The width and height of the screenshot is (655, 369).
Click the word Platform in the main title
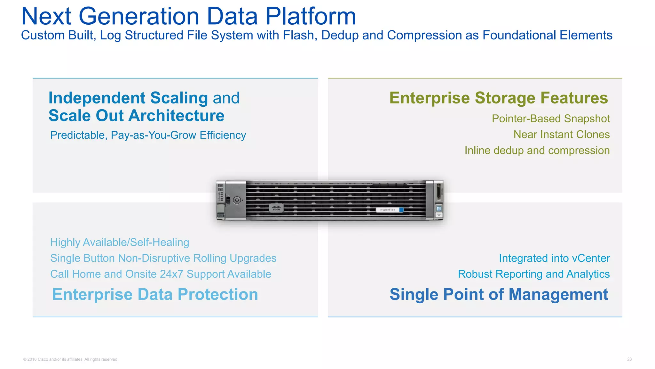click(x=311, y=17)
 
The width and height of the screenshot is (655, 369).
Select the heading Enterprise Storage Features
click(x=498, y=98)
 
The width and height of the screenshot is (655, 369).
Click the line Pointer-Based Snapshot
click(x=550, y=119)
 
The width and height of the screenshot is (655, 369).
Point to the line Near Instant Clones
click(x=561, y=135)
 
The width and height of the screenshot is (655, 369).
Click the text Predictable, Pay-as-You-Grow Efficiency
click(x=148, y=135)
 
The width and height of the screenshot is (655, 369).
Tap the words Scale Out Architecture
click(x=137, y=116)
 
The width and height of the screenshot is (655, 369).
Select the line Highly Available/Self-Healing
click(x=120, y=242)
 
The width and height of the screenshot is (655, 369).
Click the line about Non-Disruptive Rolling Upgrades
click(x=163, y=258)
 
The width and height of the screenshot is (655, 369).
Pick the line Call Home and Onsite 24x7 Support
click(x=161, y=274)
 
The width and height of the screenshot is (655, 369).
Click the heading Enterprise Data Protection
click(x=155, y=294)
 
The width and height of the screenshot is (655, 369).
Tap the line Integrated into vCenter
click(x=554, y=258)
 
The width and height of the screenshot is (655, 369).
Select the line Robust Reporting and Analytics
click(x=533, y=274)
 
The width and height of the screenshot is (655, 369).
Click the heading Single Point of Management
click(x=499, y=294)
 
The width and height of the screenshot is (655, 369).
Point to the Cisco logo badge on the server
click(x=276, y=208)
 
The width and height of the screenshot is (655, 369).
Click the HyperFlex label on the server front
click(x=388, y=210)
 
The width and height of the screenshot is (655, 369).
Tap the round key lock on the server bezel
click(x=237, y=201)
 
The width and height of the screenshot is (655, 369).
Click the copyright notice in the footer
click(x=71, y=359)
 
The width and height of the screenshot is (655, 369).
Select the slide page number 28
click(x=629, y=359)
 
